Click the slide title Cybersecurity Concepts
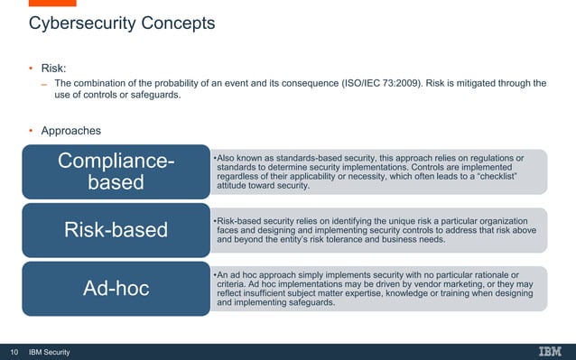[x=122, y=23]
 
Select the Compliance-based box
[x=116, y=171]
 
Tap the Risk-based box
[x=116, y=230]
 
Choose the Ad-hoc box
[x=116, y=289]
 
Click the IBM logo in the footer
[x=550, y=351]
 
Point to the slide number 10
[x=14, y=351]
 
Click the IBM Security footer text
[x=50, y=351]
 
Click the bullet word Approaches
[x=71, y=132]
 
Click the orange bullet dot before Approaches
[x=30, y=132]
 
